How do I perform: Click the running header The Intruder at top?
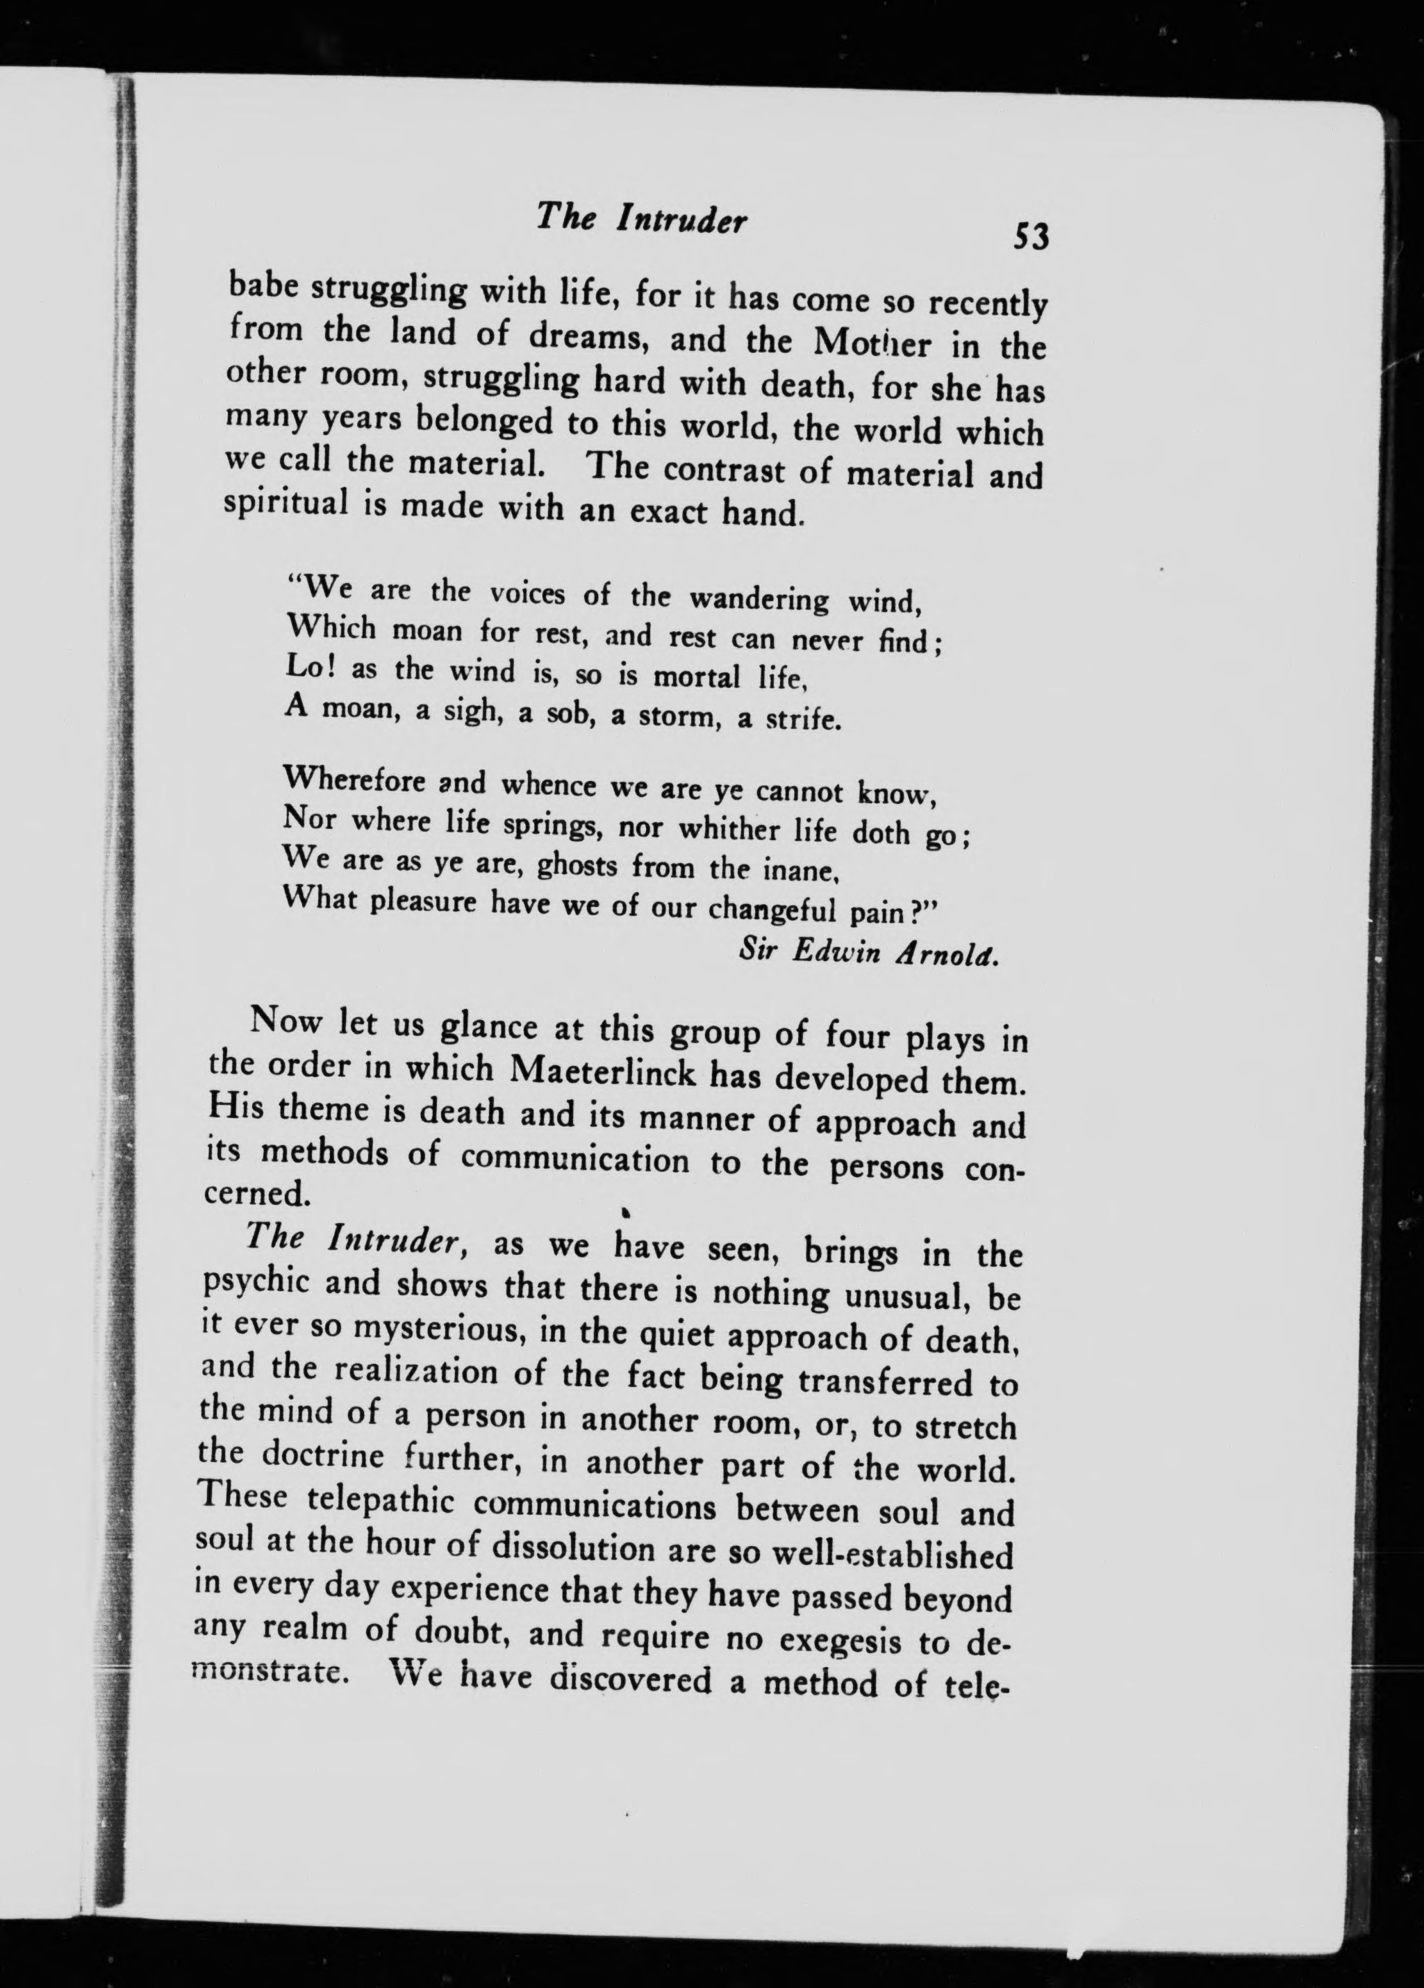point(640,217)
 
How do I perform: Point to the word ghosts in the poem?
point(577,866)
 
